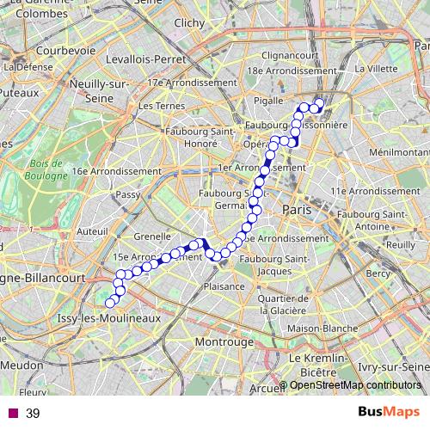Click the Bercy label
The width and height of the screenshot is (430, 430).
point(378,273)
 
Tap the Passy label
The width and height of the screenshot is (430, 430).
point(128,195)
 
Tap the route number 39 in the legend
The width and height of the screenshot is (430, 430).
point(33,415)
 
